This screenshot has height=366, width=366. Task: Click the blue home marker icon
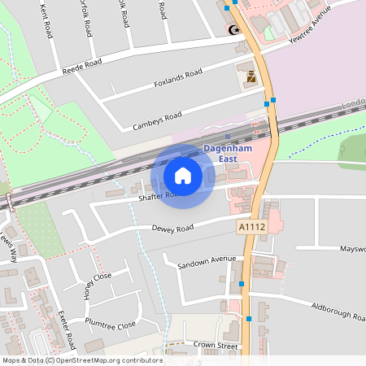click(183, 175)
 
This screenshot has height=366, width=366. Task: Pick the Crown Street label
click(215, 346)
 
